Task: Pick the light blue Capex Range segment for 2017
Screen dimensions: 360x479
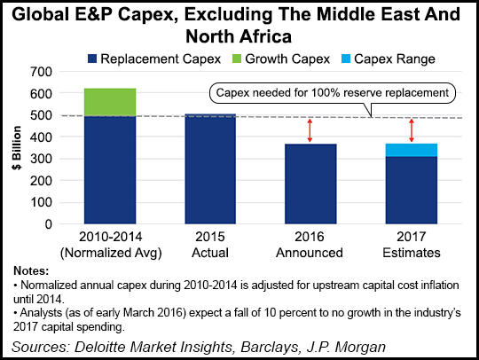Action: (411, 150)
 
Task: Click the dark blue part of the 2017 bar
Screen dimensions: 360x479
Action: (411, 190)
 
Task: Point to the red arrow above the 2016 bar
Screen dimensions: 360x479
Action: (310, 129)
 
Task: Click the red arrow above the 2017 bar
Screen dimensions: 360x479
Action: (411, 129)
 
